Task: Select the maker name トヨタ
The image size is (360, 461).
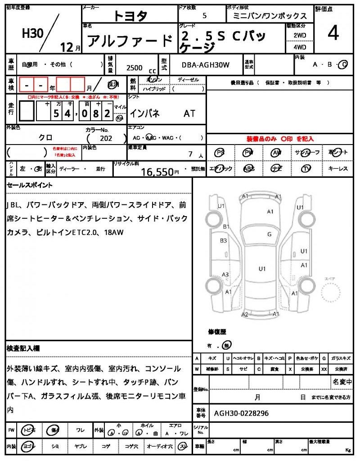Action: pos(130,16)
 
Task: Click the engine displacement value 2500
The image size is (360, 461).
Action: pos(135,68)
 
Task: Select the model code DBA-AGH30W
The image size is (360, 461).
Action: pos(206,65)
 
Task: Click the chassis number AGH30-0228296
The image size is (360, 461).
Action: pos(241,413)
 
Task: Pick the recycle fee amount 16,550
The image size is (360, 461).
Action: pos(157,172)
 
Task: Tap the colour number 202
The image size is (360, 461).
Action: pos(107,139)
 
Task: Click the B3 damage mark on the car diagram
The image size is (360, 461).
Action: pos(223,241)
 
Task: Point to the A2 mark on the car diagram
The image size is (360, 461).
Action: pos(245,314)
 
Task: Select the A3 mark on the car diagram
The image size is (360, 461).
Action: pos(225,275)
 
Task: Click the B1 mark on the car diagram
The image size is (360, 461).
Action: pos(226,226)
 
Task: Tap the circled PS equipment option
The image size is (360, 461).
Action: pos(220,153)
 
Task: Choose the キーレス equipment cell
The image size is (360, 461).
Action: pos(338,169)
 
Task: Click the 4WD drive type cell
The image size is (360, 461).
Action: pos(300,47)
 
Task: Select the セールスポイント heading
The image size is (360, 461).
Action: pos(30,185)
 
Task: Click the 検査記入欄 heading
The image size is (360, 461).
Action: pos(23,348)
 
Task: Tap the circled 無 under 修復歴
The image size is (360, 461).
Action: pos(227,345)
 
